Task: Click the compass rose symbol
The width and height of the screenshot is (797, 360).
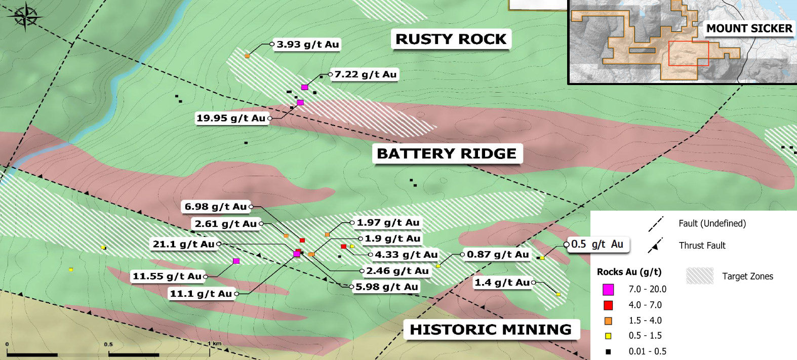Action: [x=25, y=17]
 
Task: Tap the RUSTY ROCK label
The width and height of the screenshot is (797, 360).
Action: [x=451, y=39]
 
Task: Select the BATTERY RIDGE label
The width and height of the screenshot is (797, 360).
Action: [x=447, y=153]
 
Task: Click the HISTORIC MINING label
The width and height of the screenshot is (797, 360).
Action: [x=490, y=330]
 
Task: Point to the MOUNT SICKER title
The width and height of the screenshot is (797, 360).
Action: [x=749, y=28]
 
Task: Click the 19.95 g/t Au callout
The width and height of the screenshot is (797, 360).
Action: [x=231, y=118]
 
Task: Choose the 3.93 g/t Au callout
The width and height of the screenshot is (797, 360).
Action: [x=307, y=45]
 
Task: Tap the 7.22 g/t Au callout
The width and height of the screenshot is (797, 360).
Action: [x=365, y=74]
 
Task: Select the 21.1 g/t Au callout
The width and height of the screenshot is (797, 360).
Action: [x=183, y=244]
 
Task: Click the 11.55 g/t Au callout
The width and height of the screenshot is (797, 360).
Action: [x=167, y=276]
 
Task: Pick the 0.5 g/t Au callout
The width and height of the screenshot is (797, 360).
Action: [x=597, y=244]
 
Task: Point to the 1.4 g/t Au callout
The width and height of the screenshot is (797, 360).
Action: [x=502, y=283]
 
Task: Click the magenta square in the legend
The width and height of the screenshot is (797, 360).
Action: [x=608, y=289]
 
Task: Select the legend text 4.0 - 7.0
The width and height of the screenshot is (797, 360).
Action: [x=645, y=305]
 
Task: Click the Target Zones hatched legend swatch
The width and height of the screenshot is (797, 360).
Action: [x=700, y=276]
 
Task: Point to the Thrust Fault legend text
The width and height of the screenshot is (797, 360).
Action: [x=702, y=246]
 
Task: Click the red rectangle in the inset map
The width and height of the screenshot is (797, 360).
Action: [x=689, y=54]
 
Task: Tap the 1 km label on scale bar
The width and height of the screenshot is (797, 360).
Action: [x=215, y=344]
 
